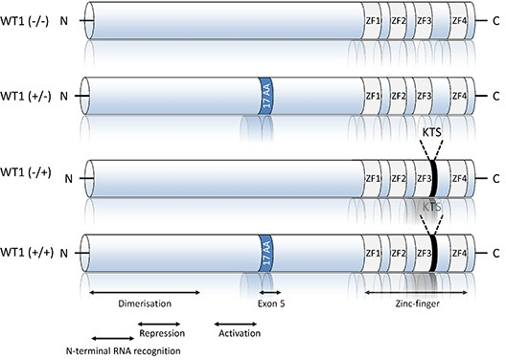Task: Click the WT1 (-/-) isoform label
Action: (x=25, y=21)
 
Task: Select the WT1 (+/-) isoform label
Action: (x=26, y=96)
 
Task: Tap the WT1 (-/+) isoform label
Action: (x=26, y=172)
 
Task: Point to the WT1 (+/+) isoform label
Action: (x=27, y=253)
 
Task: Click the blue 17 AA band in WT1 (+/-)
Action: (x=265, y=96)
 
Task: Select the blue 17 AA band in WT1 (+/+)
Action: (x=265, y=254)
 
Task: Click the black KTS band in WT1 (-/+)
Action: (x=433, y=178)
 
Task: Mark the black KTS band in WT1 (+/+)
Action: (x=434, y=254)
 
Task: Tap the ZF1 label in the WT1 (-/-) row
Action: (x=372, y=21)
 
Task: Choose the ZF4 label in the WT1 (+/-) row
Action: (x=459, y=96)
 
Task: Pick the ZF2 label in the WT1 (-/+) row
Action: (x=399, y=178)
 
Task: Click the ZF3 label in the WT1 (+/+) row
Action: (x=424, y=254)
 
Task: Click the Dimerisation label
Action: (x=145, y=304)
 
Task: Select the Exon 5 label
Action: (x=271, y=304)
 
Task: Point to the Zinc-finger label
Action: (x=417, y=304)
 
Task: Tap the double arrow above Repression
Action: (x=159, y=324)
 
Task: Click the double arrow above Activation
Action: (x=236, y=324)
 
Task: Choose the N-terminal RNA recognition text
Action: (x=124, y=350)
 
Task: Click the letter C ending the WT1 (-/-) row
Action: (x=496, y=21)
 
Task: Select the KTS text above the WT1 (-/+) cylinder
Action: (x=432, y=132)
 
